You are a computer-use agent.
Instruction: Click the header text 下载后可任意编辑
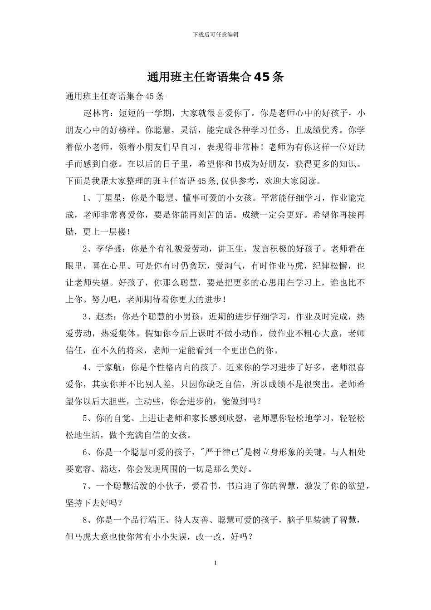tap(215, 34)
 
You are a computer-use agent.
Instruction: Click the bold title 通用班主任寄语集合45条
tap(215, 77)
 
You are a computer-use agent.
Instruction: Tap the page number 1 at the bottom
tap(215, 563)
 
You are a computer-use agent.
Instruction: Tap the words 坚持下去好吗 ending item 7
tap(93, 503)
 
